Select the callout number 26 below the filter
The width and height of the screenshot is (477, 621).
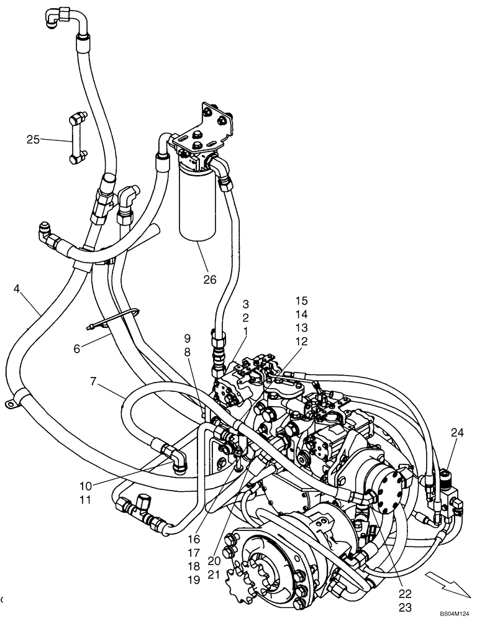point(210,279)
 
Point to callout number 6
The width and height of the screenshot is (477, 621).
point(77,349)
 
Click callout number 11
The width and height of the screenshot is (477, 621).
point(85,499)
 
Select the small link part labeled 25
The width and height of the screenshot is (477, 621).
point(75,141)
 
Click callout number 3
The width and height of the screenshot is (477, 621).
point(246,304)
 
